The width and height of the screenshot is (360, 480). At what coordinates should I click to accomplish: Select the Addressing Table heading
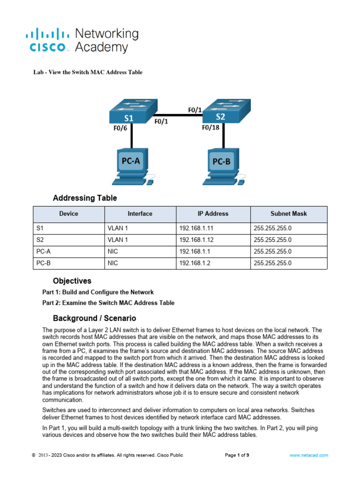(x=85, y=198)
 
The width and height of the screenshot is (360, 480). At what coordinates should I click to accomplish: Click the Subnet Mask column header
(x=289, y=214)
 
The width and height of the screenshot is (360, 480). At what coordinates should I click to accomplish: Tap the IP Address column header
(x=213, y=214)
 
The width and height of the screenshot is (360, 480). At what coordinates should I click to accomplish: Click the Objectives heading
(x=72, y=281)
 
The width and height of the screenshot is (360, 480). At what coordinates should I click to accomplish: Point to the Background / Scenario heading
(x=94, y=318)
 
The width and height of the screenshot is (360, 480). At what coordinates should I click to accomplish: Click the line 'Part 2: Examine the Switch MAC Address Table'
(x=108, y=303)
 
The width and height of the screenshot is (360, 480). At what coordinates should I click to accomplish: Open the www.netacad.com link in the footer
(x=308, y=455)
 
